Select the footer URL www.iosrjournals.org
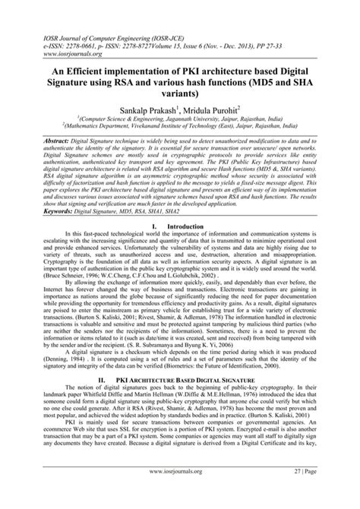click(179, 494)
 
